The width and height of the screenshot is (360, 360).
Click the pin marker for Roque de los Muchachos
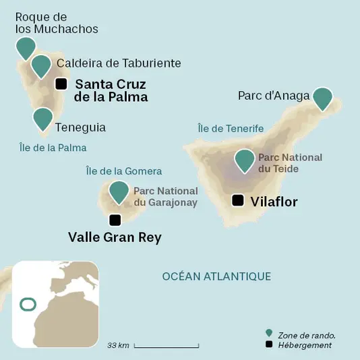click(26, 47)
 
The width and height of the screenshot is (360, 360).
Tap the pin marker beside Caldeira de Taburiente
click(41, 65)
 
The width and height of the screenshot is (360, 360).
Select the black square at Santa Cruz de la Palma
click(61, 84)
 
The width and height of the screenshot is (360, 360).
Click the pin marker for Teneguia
click(42, 118)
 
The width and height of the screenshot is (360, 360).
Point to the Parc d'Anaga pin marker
click(324, 98)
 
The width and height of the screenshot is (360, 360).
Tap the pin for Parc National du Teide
click(245, 160)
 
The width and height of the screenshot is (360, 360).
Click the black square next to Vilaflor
click(238, 200)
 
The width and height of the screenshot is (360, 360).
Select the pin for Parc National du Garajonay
click(119, 191)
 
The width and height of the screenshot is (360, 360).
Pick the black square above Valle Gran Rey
click(115, 220)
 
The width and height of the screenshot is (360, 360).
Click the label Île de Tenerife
click(230, 128)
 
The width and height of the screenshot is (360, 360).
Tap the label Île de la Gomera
click(124, 171)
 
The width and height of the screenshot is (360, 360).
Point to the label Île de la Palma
click(53, 147)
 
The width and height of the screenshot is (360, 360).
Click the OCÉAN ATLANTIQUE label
click(216, 276)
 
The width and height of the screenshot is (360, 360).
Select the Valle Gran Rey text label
click(115, 237)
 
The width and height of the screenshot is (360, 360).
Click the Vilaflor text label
click(274, 201)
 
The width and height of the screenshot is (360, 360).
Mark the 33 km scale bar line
click(167, 347)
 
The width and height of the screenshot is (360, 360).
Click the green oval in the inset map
click(28, 305)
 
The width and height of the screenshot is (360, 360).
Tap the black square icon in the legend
click(269, 345)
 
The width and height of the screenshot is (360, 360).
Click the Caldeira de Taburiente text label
click(119, 63)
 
